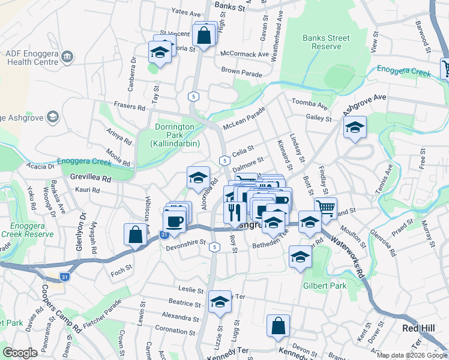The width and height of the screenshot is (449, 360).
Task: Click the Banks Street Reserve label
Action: coord(325,42)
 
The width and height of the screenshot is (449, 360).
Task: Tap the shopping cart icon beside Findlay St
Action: coord(325,208)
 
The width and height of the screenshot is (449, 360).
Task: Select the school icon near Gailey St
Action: coord(355,127)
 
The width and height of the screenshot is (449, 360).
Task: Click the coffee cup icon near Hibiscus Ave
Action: coord(174,221)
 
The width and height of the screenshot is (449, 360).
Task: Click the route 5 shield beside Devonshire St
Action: coord(214,247)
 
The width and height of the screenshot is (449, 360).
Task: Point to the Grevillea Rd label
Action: coord(91,178)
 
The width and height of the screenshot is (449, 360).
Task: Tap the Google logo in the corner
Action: coord(20,352)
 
